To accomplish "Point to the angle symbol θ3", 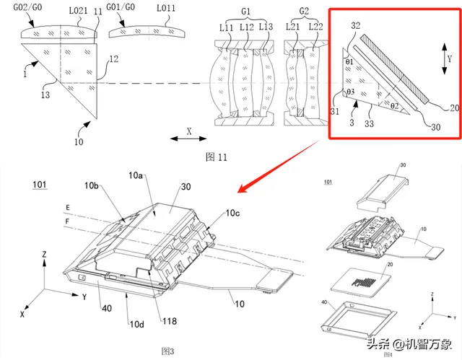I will pos(350,93).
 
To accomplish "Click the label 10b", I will pos(91,186).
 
